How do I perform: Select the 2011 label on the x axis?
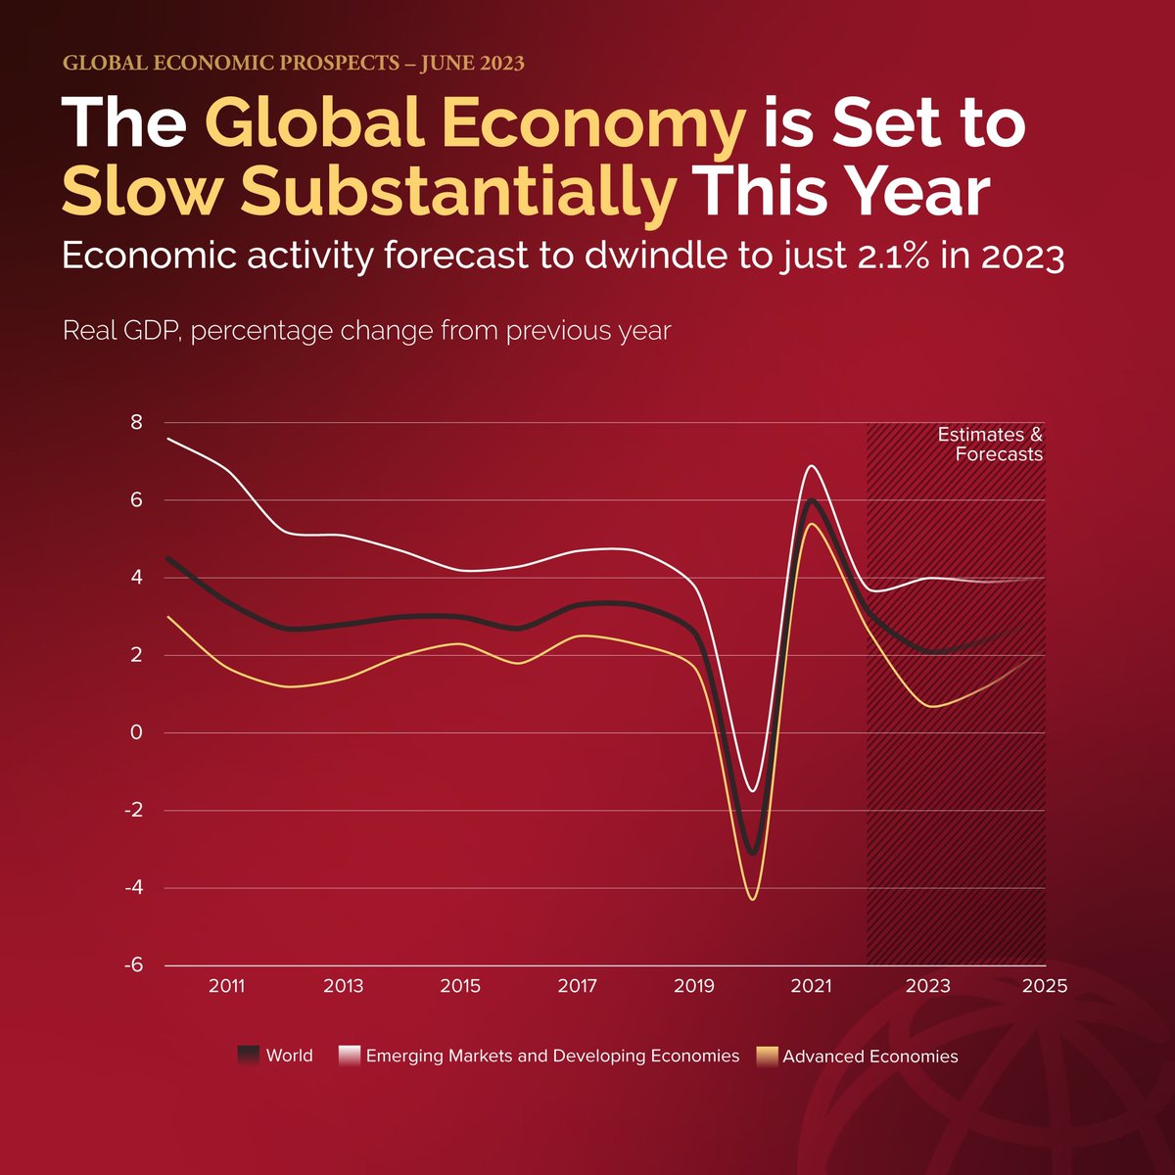point(226,986)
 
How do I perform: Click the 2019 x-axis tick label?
point(693,986)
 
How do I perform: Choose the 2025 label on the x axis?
point(1044,986)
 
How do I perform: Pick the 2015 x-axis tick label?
point(460,986)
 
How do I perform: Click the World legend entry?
point(289,1056)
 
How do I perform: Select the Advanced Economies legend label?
point(869,1057)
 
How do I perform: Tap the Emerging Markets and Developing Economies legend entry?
point(552,1056)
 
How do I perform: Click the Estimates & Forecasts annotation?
point(990,445)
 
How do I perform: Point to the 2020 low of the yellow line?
point(752,898)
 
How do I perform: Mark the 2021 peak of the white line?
point(811,466)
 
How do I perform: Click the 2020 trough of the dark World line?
point(752,853)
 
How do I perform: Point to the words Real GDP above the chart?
point(121,331)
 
